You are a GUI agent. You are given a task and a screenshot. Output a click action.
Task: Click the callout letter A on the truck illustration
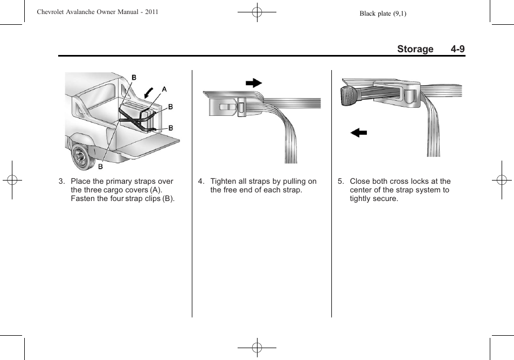pos(164,89)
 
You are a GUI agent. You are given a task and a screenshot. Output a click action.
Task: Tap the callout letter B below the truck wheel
pos(100,167)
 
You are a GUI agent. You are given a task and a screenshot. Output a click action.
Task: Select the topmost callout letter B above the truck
pos(134,78)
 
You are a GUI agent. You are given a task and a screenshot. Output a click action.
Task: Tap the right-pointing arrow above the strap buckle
pos(253,83)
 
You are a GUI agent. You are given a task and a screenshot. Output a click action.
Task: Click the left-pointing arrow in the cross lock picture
pos(358,133)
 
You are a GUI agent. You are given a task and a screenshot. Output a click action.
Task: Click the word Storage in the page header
pos(415,49)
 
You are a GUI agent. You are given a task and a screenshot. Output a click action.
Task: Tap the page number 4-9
pos(458,49)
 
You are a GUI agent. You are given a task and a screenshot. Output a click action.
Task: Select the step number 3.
pos(61,182)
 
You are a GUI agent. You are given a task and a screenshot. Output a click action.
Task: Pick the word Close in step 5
pos(360,182)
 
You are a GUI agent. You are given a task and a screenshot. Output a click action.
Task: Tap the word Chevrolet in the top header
pos(53,12)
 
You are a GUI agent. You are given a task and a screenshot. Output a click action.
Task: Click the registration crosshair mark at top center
pos(257,12)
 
